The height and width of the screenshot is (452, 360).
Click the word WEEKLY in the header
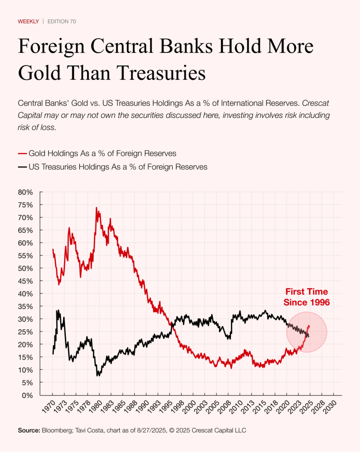(x=28, y=21)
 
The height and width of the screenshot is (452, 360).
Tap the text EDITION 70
(x=61, y=21)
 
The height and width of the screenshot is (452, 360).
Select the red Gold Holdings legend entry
(x=97, y=154)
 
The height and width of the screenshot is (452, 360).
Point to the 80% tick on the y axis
(x=26, y=192)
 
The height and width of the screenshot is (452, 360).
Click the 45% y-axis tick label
(x=26, y=281)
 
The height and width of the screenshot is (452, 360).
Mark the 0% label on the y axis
(x=27, y=395)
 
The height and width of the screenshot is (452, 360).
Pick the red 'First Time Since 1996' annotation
(x=307, y=297)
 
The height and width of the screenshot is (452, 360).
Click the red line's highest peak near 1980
(x=96, y=207)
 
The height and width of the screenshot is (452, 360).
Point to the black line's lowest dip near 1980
(x=98, y=376)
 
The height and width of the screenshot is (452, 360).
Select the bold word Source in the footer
(x=28, y=430)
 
